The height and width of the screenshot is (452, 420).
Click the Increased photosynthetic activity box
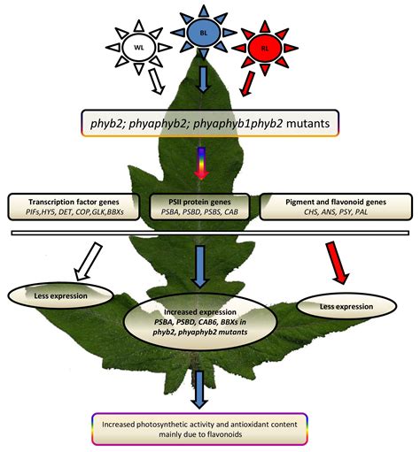pos(210,425)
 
